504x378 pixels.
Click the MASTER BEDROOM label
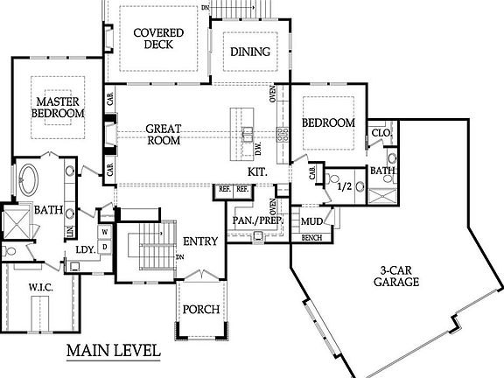[x=58, y=108]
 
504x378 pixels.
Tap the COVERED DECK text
[x=158, y=38]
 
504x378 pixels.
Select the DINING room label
[x=250, y=52]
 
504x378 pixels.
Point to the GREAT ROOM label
[x=164, y=135]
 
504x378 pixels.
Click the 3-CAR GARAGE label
[x=396, y=276]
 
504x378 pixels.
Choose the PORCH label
[x=201, y=310]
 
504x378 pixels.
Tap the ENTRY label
[x=200, y=241]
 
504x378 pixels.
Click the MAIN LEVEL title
[x=114, y=350]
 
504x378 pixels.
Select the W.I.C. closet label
[x=40, y=287]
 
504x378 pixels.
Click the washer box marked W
[x=105, y=232]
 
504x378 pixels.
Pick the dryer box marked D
[x=105, y=247]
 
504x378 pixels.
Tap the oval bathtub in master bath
[x=28, y=180]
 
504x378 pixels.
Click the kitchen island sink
[x=248, y=135]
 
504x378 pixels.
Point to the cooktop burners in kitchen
[x=283, y=135]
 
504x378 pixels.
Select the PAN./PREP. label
[x=258, y=220]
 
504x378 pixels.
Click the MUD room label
[x=311, y=221]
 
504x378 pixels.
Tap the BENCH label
[x=311, y=238]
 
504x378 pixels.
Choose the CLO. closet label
[x=381, y=133]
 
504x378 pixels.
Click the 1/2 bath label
[x=345, y=186]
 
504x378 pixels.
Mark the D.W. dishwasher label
[x=258, y=149]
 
